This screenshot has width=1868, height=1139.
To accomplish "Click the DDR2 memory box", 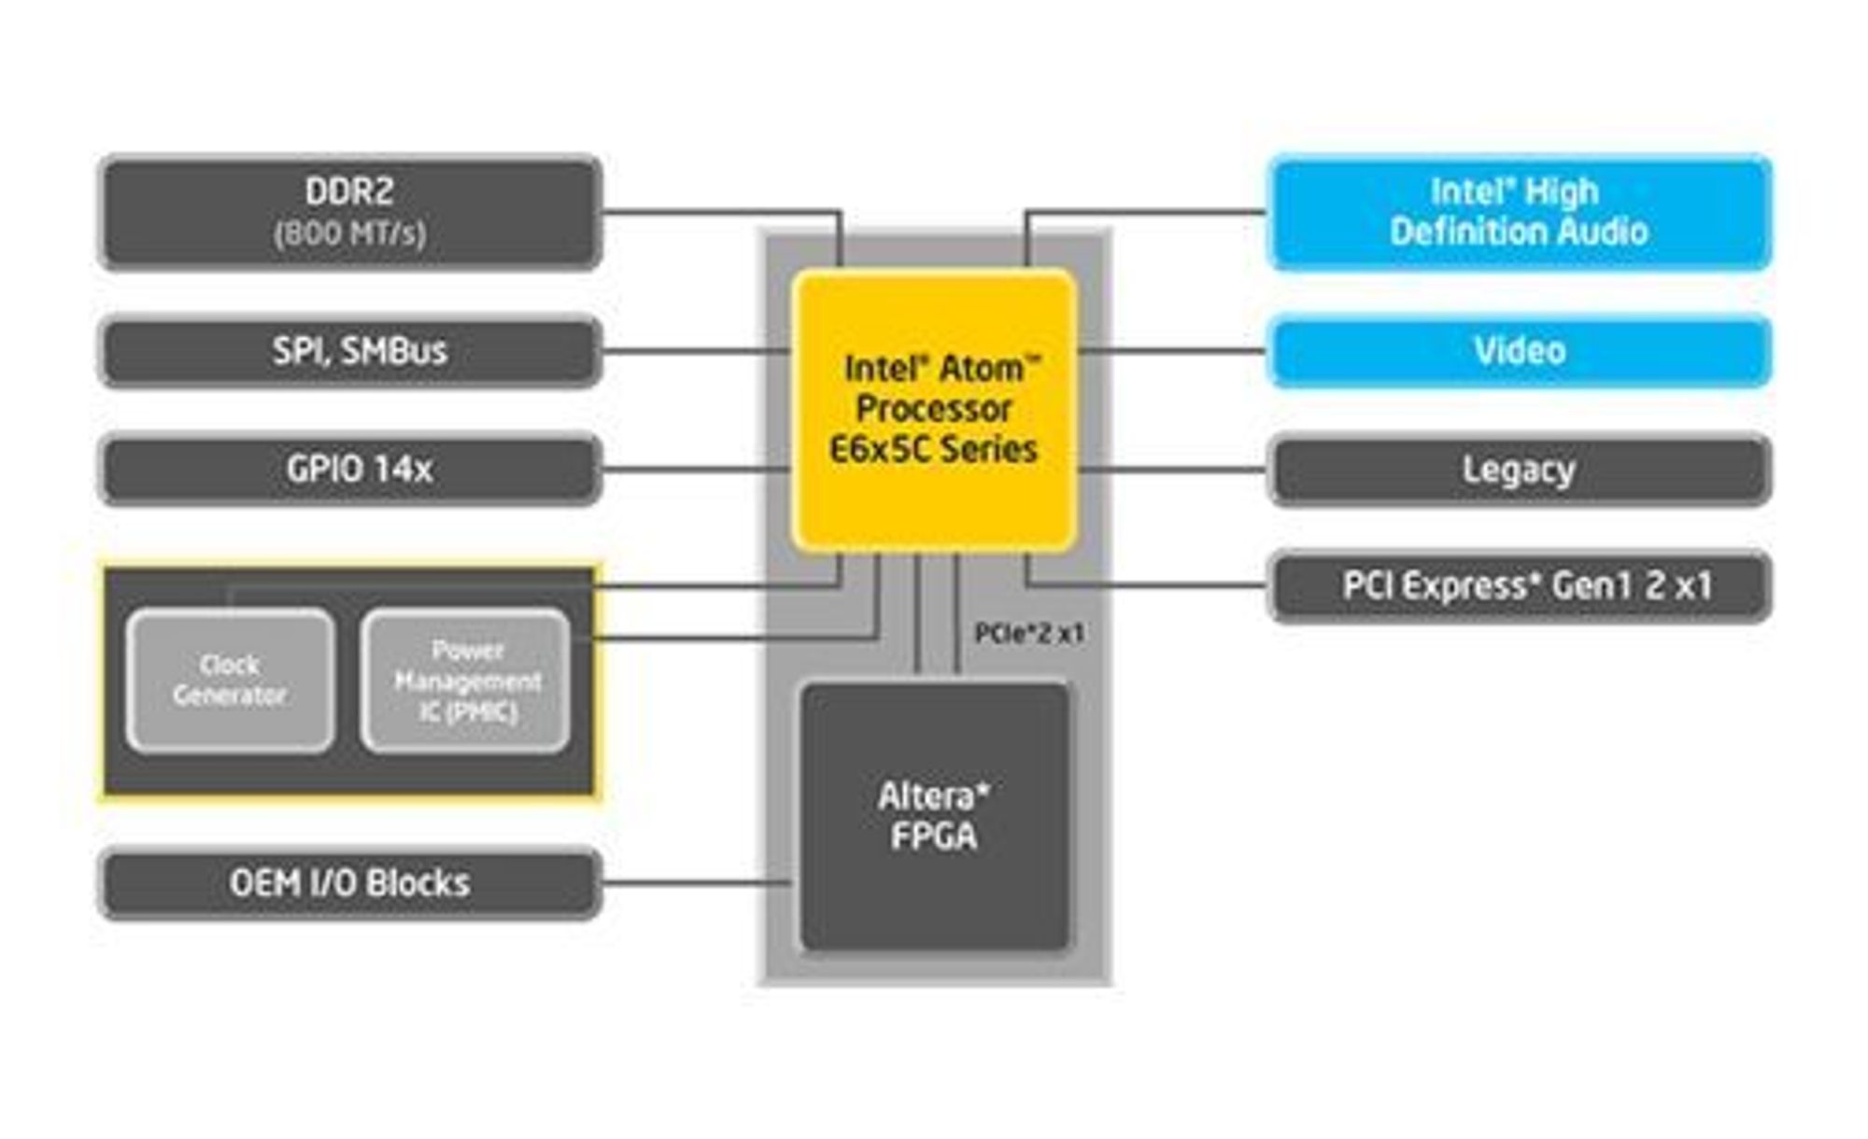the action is (350, 213).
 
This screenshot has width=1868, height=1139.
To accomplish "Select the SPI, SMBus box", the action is (350, 351).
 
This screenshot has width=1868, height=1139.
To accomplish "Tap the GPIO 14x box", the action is (350, 470).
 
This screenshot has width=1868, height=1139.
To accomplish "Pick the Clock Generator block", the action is (231, 681).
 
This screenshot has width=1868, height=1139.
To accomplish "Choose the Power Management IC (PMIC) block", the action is (466, 681).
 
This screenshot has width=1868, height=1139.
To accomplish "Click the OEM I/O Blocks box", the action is (350, 883).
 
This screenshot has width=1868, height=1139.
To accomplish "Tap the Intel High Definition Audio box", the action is (1520, 213).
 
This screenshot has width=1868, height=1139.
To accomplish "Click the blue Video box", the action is (1520, 351).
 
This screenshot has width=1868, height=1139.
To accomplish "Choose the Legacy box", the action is (1520, 470).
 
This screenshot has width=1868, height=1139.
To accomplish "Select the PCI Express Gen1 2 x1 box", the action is (1520, 586).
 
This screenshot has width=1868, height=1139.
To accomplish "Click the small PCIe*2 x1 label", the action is (1029, 634).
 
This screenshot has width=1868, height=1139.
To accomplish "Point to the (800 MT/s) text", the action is (350, 233).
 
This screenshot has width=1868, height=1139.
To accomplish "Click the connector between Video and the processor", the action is (1173, 351).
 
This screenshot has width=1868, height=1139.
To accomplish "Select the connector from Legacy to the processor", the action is (1173, 470).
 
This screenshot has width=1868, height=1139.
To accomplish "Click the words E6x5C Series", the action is (934, 450).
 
